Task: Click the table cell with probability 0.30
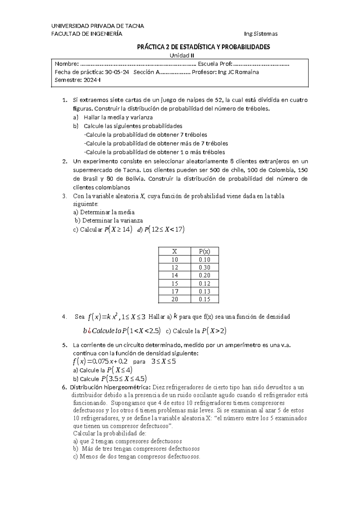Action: (204, 267)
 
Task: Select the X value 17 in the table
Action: (175, 291)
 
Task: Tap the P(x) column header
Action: (204, 251)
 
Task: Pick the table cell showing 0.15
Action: (204, 299)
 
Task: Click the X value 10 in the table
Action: (175, 260)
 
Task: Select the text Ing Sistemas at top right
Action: (261, 34)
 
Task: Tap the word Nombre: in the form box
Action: (67, 64)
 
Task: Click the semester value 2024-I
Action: (92, 80)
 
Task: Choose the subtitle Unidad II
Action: (182, 55)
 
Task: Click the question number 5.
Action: (64, 345)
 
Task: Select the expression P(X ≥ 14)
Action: (118, 230)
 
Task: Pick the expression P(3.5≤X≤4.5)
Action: (124, 379)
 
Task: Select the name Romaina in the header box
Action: (247, 72)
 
